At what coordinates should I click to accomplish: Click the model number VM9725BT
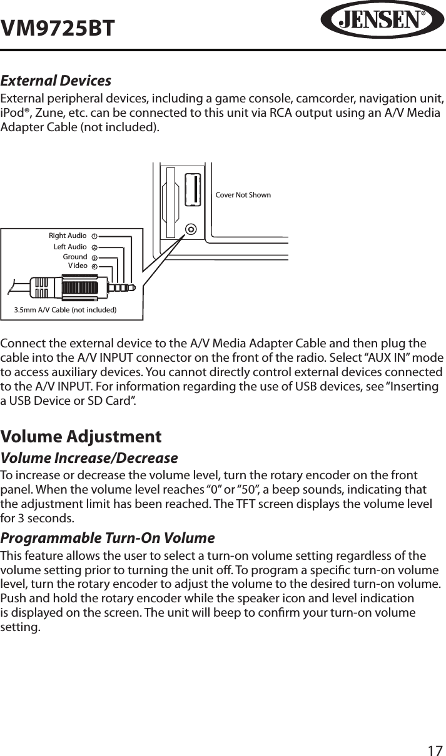pos(58,28)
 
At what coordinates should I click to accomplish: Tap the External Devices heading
pos(56,81)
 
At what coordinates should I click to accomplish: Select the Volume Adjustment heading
pos(81,436)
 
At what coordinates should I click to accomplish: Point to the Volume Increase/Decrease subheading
pos(89,458)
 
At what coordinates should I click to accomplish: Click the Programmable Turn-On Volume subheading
pos(107,538)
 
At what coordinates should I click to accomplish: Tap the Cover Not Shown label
pos(243,195)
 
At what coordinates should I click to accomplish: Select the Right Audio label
pos(68,236)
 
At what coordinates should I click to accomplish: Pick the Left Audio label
pos(70,247)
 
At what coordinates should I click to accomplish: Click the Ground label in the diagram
pos(75,257)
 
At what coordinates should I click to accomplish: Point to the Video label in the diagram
pos(78,266)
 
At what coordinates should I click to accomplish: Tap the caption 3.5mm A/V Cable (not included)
pos(66,309)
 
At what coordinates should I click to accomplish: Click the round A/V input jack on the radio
pos(191,229)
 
